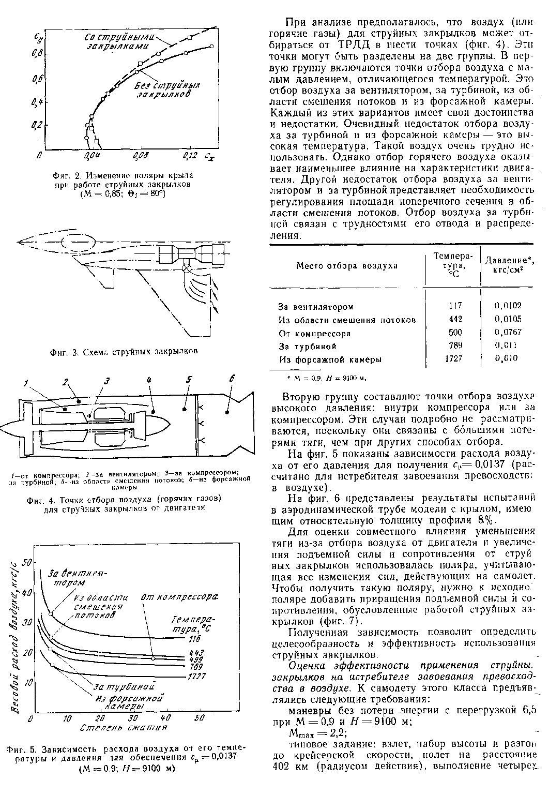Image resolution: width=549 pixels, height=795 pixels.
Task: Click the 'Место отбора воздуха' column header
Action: point(346,266)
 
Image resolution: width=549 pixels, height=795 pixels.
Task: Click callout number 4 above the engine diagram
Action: point(149,381)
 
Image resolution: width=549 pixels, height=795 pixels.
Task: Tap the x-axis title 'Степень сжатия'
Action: point(124,727)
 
